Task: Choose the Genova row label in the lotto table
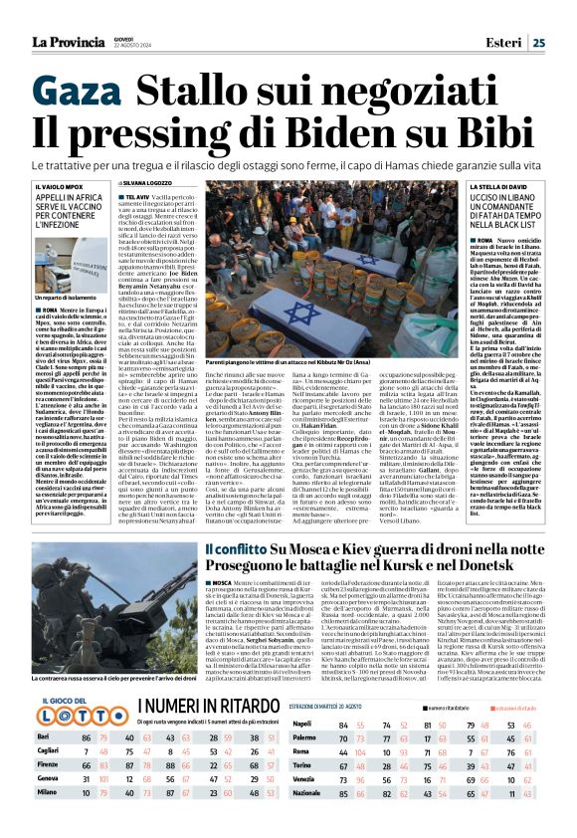47,804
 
